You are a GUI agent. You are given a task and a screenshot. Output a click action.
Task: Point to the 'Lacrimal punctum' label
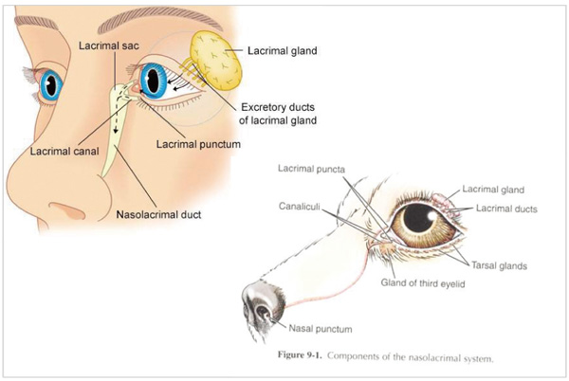click(197, 143)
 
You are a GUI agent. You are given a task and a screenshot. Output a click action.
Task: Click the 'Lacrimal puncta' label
click(313, 169)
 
